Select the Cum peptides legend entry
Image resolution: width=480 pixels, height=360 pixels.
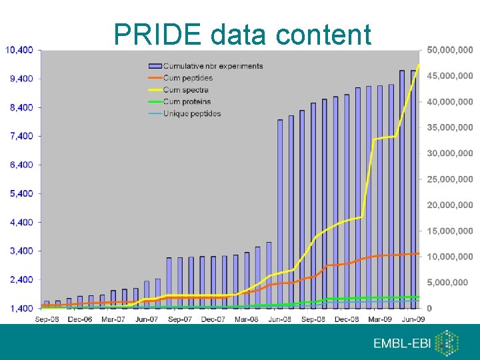tap(187, 78)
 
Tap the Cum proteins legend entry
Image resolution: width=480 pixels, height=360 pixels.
tap(187, 102)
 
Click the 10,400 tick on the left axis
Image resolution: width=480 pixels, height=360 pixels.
tap(19, 50)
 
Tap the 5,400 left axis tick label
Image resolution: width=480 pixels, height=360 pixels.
tap(19, 193)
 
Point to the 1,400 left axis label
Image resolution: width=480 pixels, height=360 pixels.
tap(19, 309)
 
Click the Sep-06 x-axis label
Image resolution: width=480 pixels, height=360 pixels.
tap(47, 320)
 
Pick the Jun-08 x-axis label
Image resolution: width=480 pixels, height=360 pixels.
tap(279, 320)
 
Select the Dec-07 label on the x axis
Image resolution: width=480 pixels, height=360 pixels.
tap(213, 320)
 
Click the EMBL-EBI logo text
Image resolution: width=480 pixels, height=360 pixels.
tap(401, 344)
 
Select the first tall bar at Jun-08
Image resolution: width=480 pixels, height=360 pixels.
tap(280, 213)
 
